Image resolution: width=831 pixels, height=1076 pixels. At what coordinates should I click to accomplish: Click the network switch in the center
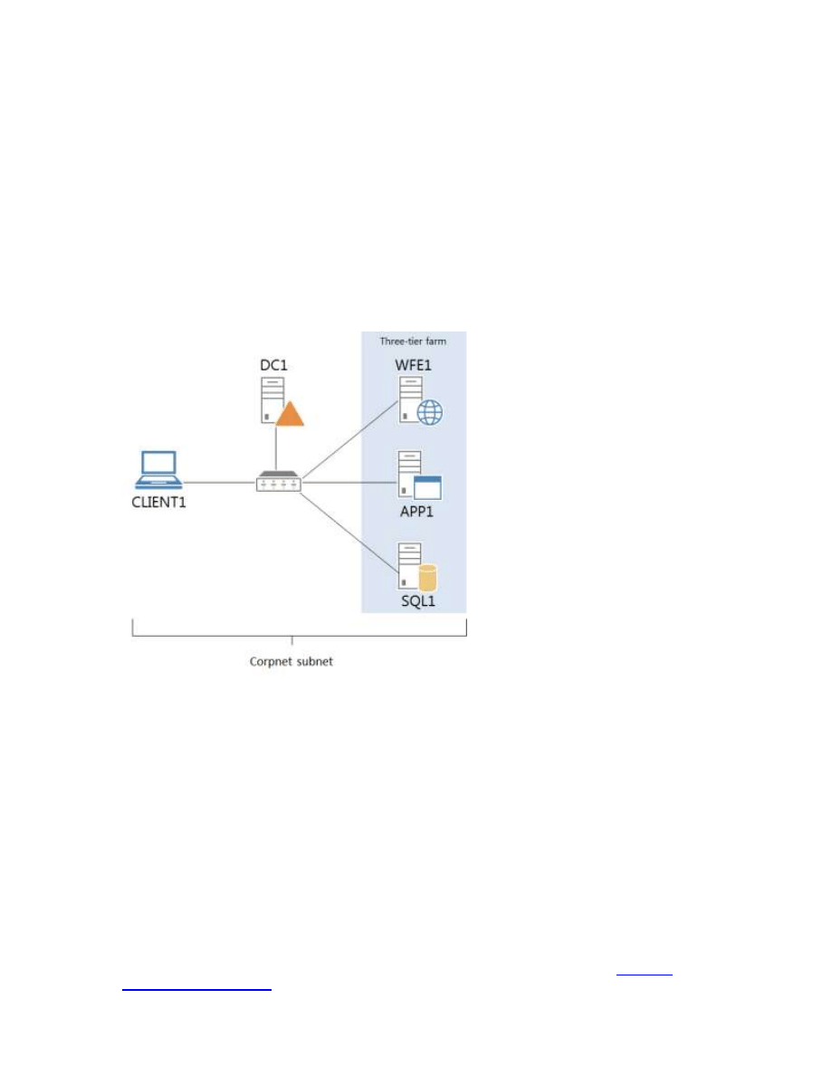pyautogui.click(x=278, y=482)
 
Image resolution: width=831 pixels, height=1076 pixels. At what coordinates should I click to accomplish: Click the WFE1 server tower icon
pyautogui.click(x=410, y=399)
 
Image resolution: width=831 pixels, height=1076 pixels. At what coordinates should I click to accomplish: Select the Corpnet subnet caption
pyautogui.click(x=291, y=661)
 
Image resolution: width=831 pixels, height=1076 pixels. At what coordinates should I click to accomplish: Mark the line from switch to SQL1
pyautogui.click(x=349, y=525)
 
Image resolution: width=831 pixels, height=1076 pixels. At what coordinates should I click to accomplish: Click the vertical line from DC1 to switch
pyautogui.click(x=278, y=448)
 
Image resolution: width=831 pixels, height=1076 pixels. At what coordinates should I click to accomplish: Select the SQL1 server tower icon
pyautogui.click(x=408, y=562)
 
